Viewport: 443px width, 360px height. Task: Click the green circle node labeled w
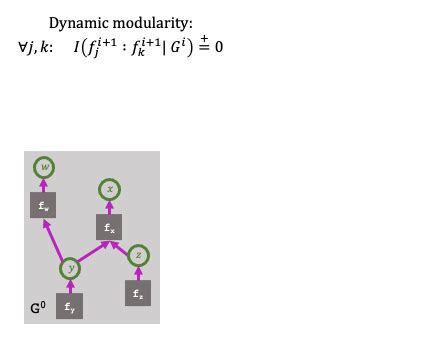pos(42,167)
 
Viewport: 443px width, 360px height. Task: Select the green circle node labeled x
pos(110,189)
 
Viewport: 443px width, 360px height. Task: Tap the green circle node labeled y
pos(70,267)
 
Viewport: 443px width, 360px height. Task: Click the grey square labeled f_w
pos(42,207)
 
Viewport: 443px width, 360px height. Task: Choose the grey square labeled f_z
pos(138,294)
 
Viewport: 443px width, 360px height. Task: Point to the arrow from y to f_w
pos(54,239)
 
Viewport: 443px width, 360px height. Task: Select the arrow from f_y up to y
pos(70,288)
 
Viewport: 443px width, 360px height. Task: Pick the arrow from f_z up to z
pos(139,275)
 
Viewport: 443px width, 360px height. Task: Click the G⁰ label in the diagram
pos(36,307)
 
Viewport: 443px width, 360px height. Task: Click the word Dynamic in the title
pos(79,21)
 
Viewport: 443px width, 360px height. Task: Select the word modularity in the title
pos(152,21)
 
